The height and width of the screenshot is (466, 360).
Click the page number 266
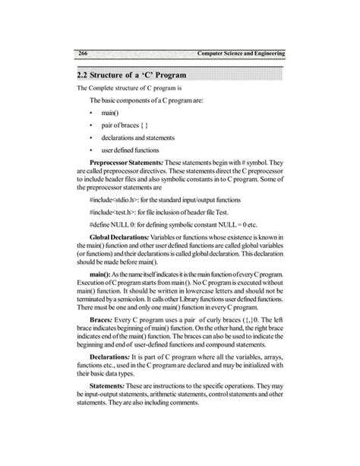tap(83, 53)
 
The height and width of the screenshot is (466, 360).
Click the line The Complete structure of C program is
tap(126, 89)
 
